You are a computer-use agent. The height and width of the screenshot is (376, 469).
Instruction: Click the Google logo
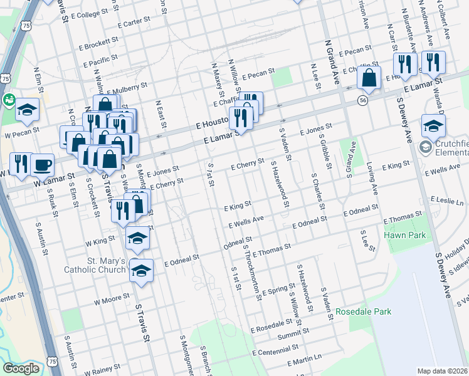point(21,368)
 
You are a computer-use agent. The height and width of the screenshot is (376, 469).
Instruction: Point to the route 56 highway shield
point(363,100)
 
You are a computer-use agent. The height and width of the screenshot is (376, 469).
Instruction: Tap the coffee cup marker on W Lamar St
point(42,165)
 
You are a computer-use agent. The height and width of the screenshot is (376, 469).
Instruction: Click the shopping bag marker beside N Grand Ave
point(369,78)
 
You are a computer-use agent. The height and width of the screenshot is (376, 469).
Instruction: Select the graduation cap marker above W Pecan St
point(28,110)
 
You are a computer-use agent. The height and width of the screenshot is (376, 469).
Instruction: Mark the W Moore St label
point(112,301)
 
